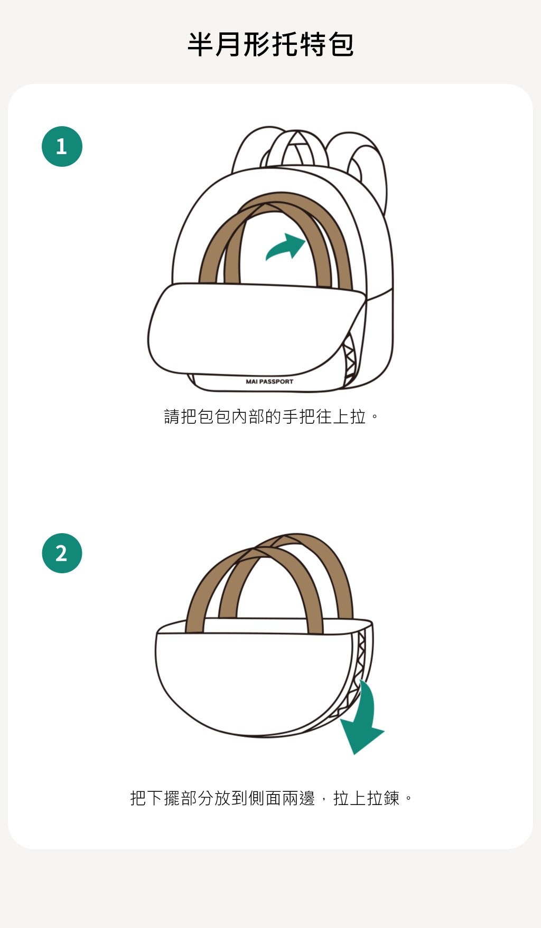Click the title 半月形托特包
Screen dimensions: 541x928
point(270,44)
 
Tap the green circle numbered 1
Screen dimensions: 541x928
point(62,146)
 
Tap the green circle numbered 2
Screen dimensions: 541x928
point(62,553)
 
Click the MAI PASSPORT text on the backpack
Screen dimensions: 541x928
point(269,382)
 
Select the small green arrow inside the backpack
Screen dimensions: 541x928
point(286,247)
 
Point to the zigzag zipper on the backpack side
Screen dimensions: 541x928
point(349,362)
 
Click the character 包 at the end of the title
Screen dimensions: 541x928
point(341,44)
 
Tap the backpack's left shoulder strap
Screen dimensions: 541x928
point(248,153)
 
